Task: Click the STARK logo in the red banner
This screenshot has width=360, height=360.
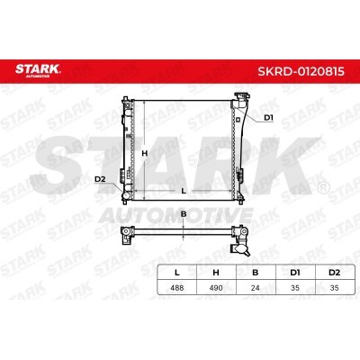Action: [38, 70]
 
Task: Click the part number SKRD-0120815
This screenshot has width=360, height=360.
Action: [301, 72]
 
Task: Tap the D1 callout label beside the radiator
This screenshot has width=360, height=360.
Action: [268, 118]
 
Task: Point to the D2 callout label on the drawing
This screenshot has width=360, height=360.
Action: [100, 179]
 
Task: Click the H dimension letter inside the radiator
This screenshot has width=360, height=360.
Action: [145, 153]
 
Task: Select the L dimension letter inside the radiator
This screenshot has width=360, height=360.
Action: [184, 191]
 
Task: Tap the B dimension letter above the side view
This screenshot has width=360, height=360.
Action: [184, 214]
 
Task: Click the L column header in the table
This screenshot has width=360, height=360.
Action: [177, 273]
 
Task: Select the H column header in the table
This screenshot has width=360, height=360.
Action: [216, 273]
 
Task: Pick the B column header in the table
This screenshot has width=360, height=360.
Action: [256, 273]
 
